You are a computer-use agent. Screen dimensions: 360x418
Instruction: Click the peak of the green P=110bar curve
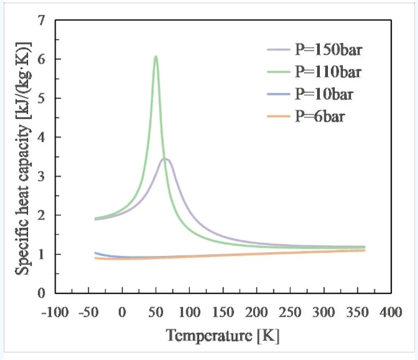click(156, 57)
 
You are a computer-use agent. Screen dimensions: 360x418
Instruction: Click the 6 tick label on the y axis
click(41, 60)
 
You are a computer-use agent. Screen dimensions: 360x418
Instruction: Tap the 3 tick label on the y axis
click(41, 176)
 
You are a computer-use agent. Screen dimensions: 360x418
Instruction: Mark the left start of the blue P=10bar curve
click(96, 253)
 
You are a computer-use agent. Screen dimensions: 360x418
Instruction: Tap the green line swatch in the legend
click(277, 71)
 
